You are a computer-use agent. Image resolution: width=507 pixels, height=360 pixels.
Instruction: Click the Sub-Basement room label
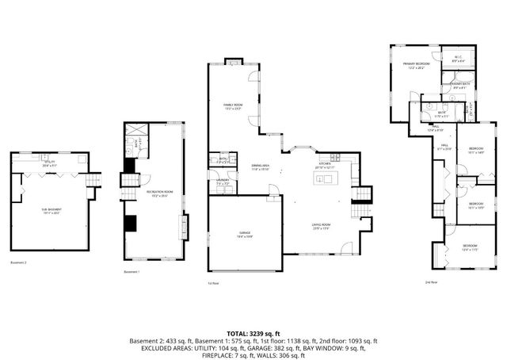tap(51, 211)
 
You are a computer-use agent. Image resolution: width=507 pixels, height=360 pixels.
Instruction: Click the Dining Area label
tap(261, 167)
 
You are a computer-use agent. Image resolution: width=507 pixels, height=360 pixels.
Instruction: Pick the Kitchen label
tap(325, 165)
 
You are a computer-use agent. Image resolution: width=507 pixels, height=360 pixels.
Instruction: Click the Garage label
tap(245, 233)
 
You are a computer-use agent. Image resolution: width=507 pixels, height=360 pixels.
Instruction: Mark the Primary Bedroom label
tap(417, 65)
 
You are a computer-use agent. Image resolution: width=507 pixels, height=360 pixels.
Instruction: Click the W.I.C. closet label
tap(459, 57)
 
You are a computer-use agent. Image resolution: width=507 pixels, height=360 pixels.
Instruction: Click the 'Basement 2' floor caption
tap(19, 262)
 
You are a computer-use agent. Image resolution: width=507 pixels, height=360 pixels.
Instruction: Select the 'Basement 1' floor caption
tap(132, 272)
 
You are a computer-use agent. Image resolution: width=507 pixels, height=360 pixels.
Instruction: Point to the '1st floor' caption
tap(212, 282)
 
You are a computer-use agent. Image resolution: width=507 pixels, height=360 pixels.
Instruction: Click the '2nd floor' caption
tap(432, 281)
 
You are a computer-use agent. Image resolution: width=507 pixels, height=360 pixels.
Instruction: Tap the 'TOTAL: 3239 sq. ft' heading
tap(253, 333)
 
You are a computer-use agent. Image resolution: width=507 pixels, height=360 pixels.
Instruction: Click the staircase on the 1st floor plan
tap(362, 194)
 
